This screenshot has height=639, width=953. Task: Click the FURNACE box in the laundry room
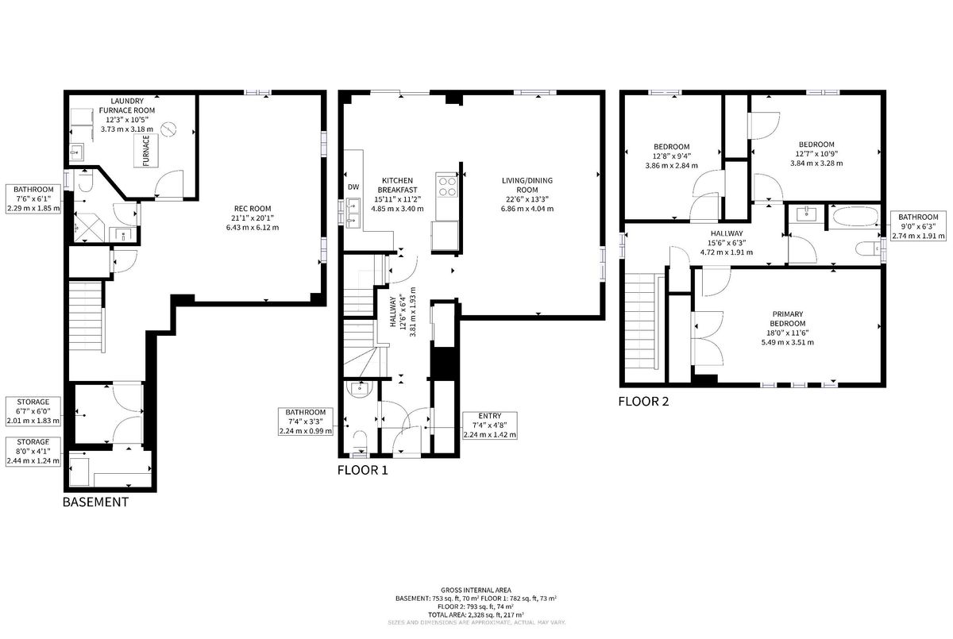pos(146,151)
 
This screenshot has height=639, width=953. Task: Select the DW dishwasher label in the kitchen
pos(353,187)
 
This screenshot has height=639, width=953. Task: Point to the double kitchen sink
pos(353,213)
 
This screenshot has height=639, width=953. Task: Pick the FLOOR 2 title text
pos(643,402)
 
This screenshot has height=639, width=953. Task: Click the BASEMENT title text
pos(95,502)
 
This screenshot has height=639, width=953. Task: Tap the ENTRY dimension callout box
pos(490,425)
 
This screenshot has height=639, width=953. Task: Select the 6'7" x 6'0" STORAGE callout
pos(33,411)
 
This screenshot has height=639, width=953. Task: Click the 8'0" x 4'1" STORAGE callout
pos(33,452)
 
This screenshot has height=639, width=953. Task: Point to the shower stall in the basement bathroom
pos(89,228)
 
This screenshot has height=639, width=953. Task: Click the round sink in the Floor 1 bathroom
pos(360,389)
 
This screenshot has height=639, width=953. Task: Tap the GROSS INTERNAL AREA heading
pos(476,590)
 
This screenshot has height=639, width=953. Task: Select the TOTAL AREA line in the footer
pos(476,614)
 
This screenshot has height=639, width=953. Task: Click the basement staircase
pos(87,315)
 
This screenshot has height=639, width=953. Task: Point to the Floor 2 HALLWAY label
pos(727,233)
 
